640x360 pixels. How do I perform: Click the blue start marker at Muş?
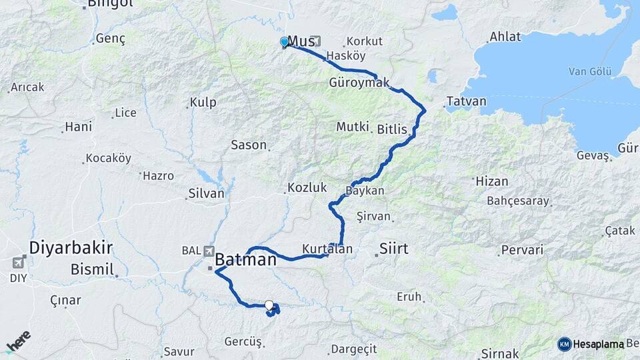[x=285, y=42]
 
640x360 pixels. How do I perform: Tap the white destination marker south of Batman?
[x=269, y=305]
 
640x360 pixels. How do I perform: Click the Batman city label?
[x=245, y=259]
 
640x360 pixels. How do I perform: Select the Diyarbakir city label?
[x=70, y=248]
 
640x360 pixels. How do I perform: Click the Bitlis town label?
[x=392, y=129]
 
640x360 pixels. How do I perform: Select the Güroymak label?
[x=359, y=83]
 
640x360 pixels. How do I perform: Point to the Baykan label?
[x=365, y=191]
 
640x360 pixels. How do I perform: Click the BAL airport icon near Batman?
[x=210, y=251]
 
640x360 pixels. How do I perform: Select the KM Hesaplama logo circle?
[x=564, y=344]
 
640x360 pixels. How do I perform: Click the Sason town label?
[x=249, y=145]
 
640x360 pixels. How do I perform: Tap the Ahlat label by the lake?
[x=505, y=37]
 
